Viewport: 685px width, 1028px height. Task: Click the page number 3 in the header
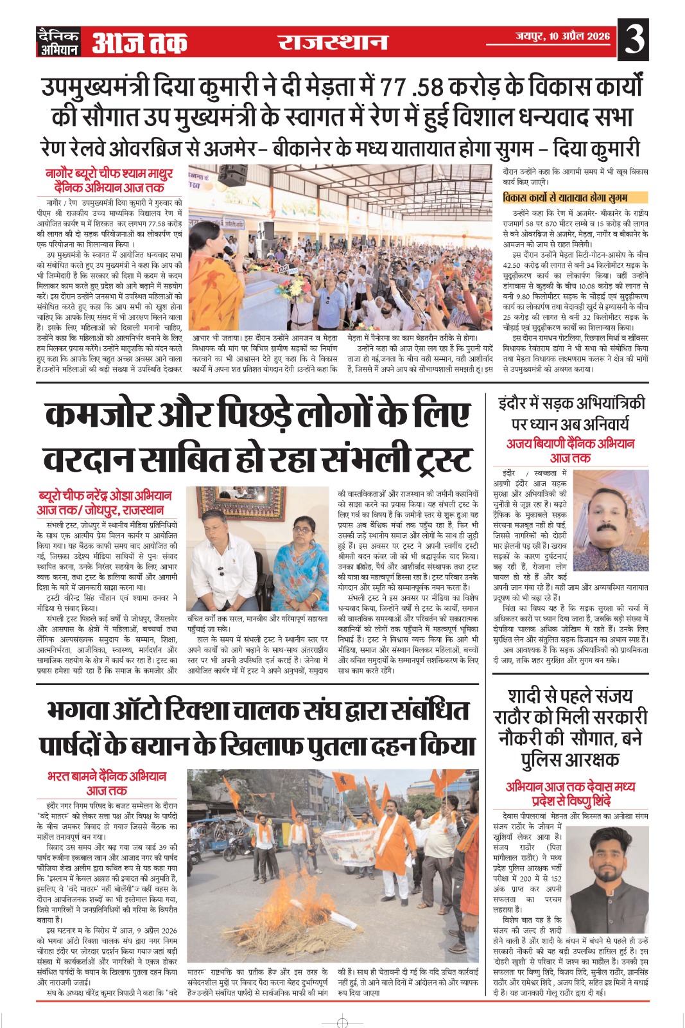click(x=634, y=40)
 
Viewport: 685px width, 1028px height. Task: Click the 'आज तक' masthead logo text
click(x=139, y=42)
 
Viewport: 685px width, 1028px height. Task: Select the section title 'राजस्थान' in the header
click(x=333, y=42)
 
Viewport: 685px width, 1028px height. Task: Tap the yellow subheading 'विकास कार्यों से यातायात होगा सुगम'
click(x=566, y=198)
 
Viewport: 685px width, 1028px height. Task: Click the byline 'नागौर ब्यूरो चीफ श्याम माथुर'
click(x=109, y=173)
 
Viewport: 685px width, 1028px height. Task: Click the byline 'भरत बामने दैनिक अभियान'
click(x=107, y=776)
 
